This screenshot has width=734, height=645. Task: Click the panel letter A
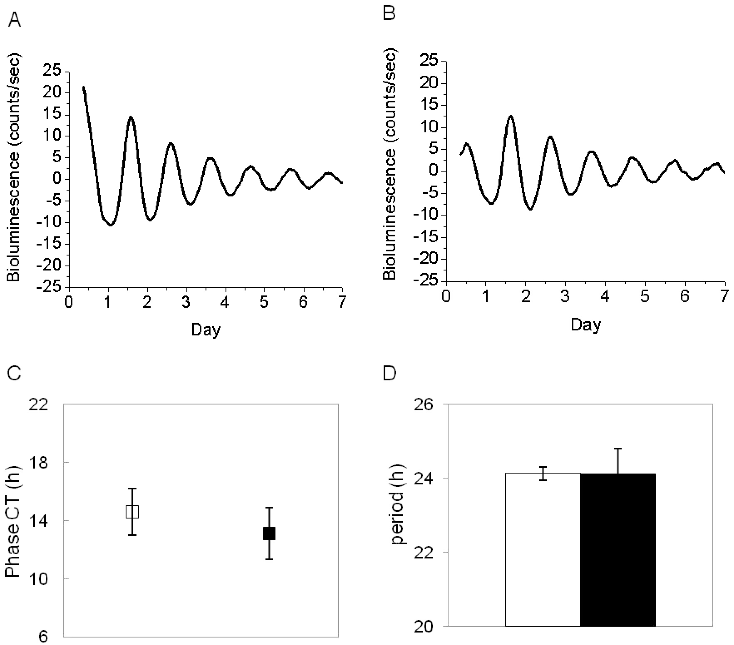(15, 20)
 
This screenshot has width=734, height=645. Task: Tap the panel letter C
(15, 373)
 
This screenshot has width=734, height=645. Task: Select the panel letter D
(389, 373)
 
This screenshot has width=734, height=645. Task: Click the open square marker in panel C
(132, 511)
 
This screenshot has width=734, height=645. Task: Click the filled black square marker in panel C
(269, 533)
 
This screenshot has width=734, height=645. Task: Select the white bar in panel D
(543, 549)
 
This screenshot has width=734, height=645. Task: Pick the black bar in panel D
(618, 549)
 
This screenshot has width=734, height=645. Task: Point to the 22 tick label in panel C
(38, 405)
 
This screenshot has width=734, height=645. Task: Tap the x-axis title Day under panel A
(206, 330)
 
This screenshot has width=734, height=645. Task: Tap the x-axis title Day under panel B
(585, 325)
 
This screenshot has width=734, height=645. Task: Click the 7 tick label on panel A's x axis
(342, 303)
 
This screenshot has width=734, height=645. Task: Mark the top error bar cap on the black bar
(618, 449)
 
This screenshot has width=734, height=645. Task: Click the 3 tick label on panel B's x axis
(565, 297)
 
